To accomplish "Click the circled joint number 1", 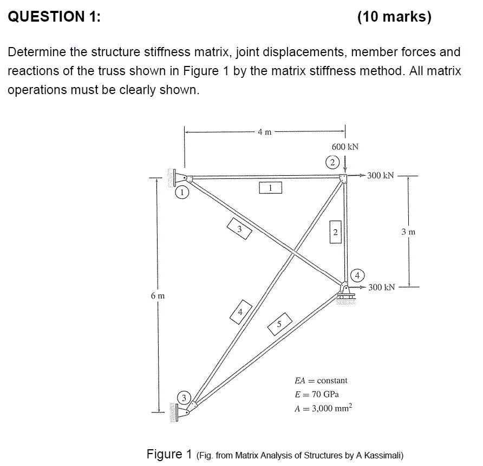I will pos(182,192).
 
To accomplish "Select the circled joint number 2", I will pos(331,162).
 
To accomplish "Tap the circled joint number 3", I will pos(184,398).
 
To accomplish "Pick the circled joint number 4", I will pos(358,275).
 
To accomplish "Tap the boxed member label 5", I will pos(280,324).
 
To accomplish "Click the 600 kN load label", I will pos(345,147).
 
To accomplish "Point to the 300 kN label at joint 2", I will pos(381,175).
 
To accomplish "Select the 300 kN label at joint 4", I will pos(381,287).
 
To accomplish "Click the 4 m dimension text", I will pos(265,131).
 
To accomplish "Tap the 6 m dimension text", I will pos(158,296).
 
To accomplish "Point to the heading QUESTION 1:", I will pos(54,17).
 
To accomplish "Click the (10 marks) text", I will pos(394,17).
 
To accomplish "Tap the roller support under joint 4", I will pos(345,297).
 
